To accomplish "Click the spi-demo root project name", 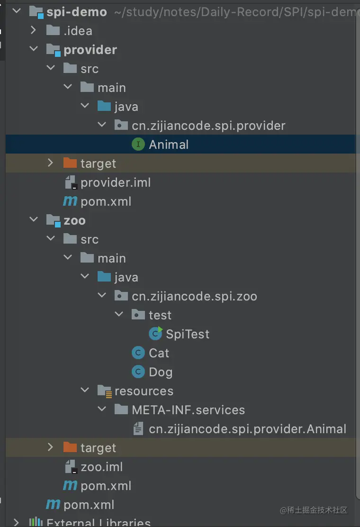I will (x=77, y=12).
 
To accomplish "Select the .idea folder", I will (x=78, y=31).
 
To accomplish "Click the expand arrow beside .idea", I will (x=33, y=31).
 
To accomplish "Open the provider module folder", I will (x=90, y=50).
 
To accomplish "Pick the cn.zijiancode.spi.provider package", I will (x=208, y=126).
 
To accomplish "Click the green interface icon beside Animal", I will (x=138, y=145).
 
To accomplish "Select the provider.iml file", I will (x=116, y=182).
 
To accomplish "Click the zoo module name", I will (x=74, y=220).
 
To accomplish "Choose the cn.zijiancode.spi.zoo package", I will (x=194, y=296).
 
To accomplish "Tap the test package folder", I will (x=160, y=315).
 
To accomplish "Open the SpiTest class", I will (x=188, y=334).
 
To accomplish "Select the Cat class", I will (x=159, y=353).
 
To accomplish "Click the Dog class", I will (x=161, y=372).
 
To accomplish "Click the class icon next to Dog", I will (x=138, y=372).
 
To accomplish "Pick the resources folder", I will (x=144, y=391).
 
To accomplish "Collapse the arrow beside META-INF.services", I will (x=102, y=410).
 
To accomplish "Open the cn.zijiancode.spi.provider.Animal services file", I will (x=247, y=429).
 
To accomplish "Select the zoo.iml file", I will (x=101, y=467).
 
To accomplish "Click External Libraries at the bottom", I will (x=99, y=522).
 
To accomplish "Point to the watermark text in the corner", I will (x=314, y=510).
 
